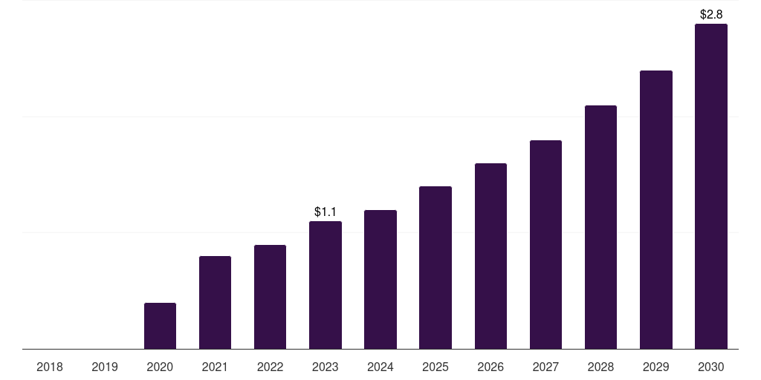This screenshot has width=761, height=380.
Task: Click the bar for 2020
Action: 160,326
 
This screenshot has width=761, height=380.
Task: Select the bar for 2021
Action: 215,302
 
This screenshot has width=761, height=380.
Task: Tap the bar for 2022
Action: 270,297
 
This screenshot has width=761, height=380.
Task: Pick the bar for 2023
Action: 326,285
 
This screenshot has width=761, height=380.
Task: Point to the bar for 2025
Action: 435,267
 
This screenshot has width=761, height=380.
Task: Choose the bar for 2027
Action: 545,244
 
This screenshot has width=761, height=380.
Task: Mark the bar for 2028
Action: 600,227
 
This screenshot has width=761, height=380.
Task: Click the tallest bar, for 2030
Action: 711,186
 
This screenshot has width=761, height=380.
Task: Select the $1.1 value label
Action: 326,212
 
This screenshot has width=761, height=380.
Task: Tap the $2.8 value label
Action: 711,14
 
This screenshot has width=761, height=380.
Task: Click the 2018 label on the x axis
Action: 50,367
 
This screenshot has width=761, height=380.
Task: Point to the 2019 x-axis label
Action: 105,367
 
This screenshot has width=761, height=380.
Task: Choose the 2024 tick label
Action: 380,367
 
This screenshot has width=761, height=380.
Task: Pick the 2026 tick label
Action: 490,367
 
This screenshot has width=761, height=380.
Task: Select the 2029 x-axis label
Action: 656,367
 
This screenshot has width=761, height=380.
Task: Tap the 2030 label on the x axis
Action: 711,367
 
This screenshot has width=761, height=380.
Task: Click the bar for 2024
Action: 380,279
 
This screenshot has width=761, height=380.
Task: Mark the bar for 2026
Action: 490,256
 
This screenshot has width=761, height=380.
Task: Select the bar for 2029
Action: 656,209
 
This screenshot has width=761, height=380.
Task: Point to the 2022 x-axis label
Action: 270,367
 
